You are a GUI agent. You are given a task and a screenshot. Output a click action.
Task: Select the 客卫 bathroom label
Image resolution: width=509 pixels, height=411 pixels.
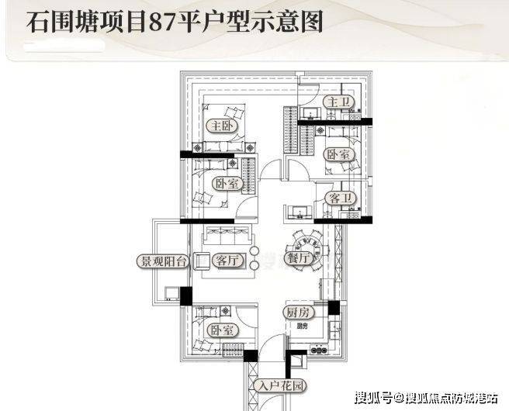[x=339, y=197]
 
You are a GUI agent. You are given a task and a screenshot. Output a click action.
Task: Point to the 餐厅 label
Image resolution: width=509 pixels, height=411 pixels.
[x=300, y=258]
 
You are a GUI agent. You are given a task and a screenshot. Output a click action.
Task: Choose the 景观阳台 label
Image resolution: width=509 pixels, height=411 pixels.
[x=162, y=261]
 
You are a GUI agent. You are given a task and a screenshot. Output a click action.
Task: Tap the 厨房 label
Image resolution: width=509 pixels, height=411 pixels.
[x=296, y=313]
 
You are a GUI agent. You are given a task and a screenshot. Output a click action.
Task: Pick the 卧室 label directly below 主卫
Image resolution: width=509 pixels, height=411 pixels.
[x=338, y=154]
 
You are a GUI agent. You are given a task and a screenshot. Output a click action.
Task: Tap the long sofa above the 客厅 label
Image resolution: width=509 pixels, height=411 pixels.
[x=227, y=235]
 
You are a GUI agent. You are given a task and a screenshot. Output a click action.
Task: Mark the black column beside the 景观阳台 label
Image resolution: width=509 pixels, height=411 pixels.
[x=185, y=295]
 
